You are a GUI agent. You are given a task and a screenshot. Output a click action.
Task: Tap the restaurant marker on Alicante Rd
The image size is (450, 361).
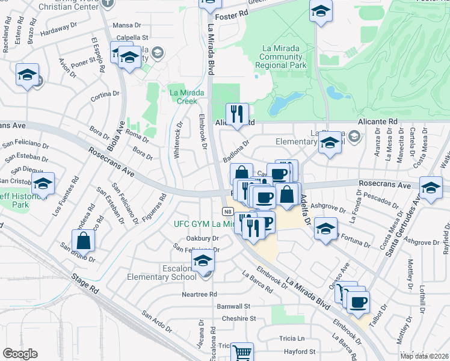(x=237, y=114)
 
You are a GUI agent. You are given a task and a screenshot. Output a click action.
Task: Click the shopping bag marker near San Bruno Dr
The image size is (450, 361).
(x=83, y=241)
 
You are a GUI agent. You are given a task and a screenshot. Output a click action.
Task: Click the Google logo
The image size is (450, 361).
(x=20, y=354)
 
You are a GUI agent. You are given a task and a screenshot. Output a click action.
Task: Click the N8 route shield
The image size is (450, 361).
(x=227, y=211)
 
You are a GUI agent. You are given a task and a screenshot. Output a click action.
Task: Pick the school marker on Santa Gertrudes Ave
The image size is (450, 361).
(x=431, y=188)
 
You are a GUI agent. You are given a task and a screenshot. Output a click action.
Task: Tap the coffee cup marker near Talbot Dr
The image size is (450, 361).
(x=358, y=301)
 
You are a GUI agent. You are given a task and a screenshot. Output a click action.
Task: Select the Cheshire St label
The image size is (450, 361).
(x=238, y=318)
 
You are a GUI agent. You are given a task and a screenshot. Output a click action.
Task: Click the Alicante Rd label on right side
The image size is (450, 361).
(x=378, y=122)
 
